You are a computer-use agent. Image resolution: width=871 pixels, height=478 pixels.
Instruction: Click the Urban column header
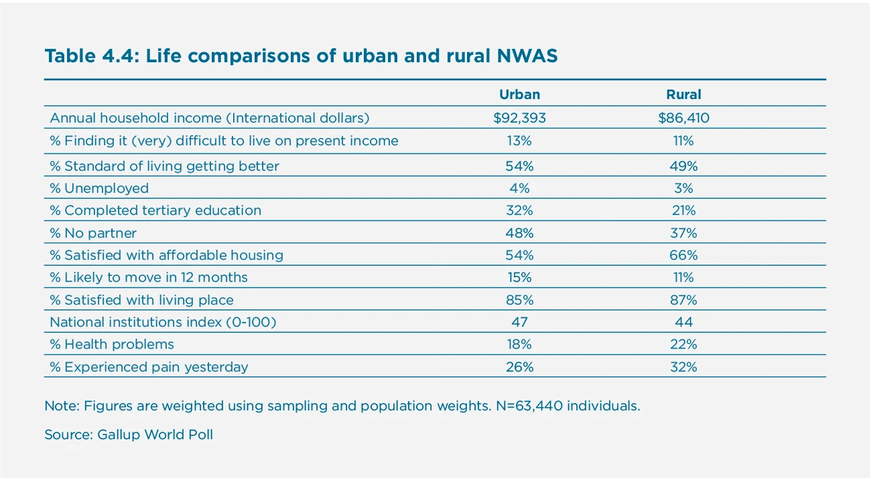519,94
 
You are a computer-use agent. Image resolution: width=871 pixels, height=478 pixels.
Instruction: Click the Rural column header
683,94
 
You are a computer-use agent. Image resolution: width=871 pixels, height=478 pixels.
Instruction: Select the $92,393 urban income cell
519,118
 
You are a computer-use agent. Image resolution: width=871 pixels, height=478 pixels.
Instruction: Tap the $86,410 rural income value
683,118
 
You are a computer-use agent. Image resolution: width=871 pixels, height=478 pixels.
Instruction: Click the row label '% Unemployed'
99,188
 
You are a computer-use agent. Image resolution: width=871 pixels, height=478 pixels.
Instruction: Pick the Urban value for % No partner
519,233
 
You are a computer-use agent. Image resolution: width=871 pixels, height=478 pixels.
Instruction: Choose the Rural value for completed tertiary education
683,210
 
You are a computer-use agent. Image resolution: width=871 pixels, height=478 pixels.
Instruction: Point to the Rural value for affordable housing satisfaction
683,255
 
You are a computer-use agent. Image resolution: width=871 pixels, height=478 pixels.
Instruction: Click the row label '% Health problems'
112,344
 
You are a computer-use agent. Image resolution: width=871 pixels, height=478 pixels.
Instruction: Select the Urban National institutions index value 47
519,322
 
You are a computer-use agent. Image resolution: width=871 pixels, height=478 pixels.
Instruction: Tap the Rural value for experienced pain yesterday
683,367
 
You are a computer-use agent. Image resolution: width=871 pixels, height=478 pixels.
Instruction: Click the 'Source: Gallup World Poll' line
129,434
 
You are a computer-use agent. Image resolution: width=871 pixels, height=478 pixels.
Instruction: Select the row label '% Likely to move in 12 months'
149,277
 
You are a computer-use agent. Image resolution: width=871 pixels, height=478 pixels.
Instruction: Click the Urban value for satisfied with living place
519,300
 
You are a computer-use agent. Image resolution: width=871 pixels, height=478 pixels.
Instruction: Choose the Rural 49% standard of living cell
683,166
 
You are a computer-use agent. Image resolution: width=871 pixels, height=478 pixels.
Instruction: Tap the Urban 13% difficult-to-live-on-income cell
519,141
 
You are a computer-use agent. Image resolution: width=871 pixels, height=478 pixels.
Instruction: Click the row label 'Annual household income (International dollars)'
210,118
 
